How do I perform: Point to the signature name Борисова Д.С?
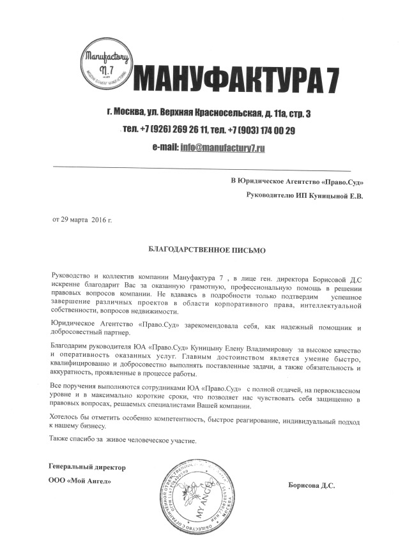point(312,485)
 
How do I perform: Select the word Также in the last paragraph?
point(61,440)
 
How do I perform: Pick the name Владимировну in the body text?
point(267,348)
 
